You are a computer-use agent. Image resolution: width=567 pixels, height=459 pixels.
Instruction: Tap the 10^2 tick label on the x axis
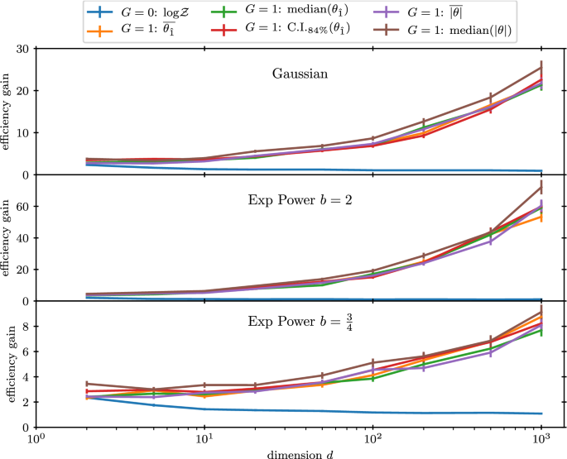click(372, 437)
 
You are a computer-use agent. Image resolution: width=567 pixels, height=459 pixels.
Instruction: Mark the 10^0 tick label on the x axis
click(34, 437)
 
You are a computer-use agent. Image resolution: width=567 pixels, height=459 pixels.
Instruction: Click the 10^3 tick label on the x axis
click(541, 437)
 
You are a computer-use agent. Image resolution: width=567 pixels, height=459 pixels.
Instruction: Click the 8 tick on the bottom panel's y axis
click(25, 327)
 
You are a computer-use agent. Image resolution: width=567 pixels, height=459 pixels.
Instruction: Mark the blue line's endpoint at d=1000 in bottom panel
click(541, 414)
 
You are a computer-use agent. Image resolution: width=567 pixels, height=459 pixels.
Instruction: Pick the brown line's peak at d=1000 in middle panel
click(541, 187)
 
